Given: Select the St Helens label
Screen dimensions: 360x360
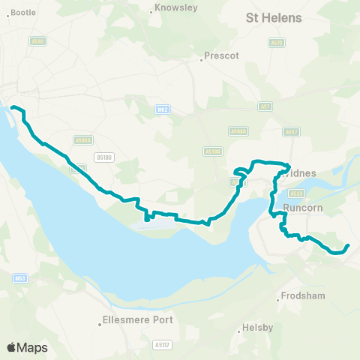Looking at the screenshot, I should point(274,17).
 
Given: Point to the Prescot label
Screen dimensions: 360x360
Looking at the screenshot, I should point(221,55).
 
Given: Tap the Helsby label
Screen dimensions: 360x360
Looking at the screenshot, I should point(257,328).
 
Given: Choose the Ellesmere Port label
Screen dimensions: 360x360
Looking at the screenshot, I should point(140,320).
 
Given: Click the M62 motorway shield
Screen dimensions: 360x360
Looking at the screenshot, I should point(163,109).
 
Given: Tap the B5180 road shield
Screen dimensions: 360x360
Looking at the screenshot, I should point(103,157).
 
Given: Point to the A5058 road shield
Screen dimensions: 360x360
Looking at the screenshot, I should point(83,139).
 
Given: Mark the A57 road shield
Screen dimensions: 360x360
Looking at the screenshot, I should point(265,106).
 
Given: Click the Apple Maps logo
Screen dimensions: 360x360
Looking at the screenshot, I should point(27,347).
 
